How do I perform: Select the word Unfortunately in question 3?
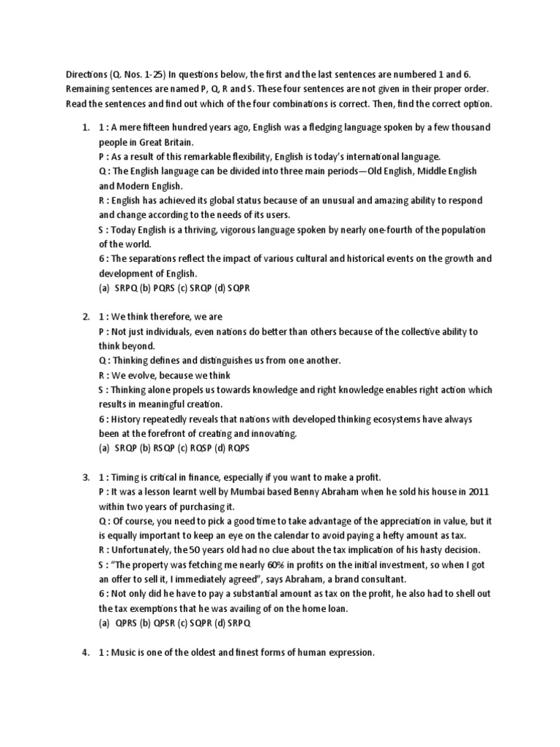[141, 550]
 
